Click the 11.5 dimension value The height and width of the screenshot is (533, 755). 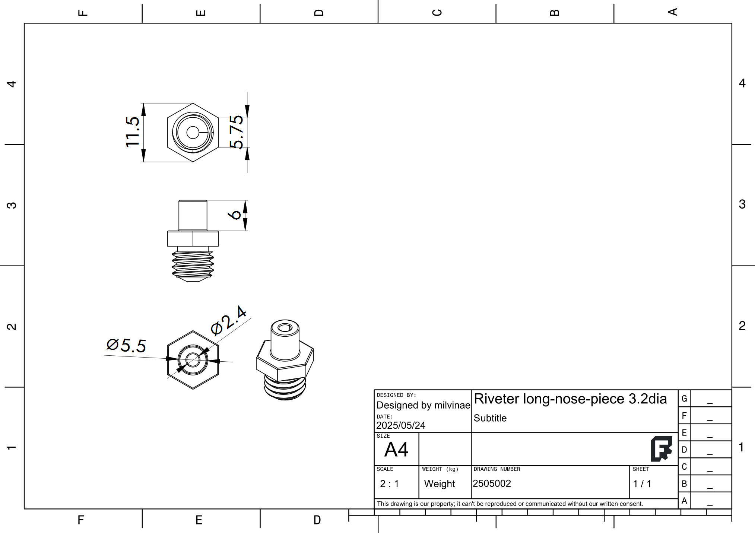pyautogui.click(x=132, y=132)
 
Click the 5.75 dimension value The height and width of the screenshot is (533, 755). pyautogui.click(x=236, y=132)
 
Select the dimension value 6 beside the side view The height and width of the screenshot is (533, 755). pyautogui.click(x=235, y=215)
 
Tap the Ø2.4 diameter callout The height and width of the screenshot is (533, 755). pyautogui.click(x=228, y=321)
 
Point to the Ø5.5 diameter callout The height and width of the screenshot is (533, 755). pyautogui.click(x=126, y=345)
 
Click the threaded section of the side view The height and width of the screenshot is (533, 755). pyautogui.click(x=193, y=264)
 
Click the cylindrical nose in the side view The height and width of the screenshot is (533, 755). pyautogui.click(x=193, y=215)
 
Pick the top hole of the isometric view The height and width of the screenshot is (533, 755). pyautogui.click(x=285, y=328)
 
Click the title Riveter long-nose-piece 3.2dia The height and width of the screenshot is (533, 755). pyautogui.click(x=570, y=399)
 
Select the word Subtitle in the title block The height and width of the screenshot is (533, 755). pyautogui.click(x=490, y=418)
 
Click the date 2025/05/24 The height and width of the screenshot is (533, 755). pyautogui.click(x=400, y=425)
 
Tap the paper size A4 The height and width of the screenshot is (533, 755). pyautogui.click(x=396, y=450)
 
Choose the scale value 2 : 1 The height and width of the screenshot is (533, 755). pyautogui.click(x=389, y=484)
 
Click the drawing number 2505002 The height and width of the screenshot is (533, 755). pyautogui.click(x=492, y=483)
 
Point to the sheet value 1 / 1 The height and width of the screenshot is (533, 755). pyautogui.click(x=642, y=484)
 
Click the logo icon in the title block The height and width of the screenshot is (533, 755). pyautogui.click(x=661, y=449)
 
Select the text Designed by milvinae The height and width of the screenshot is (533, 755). pyautogui.click(x=423, y=405)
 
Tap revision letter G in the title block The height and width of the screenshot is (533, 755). pyautogui.click(x=684, y=399)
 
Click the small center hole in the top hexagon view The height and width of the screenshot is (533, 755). pyautogui.click(x=193, y=132)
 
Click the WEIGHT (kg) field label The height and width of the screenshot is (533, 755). pyautogui.click(x=440, y=469)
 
